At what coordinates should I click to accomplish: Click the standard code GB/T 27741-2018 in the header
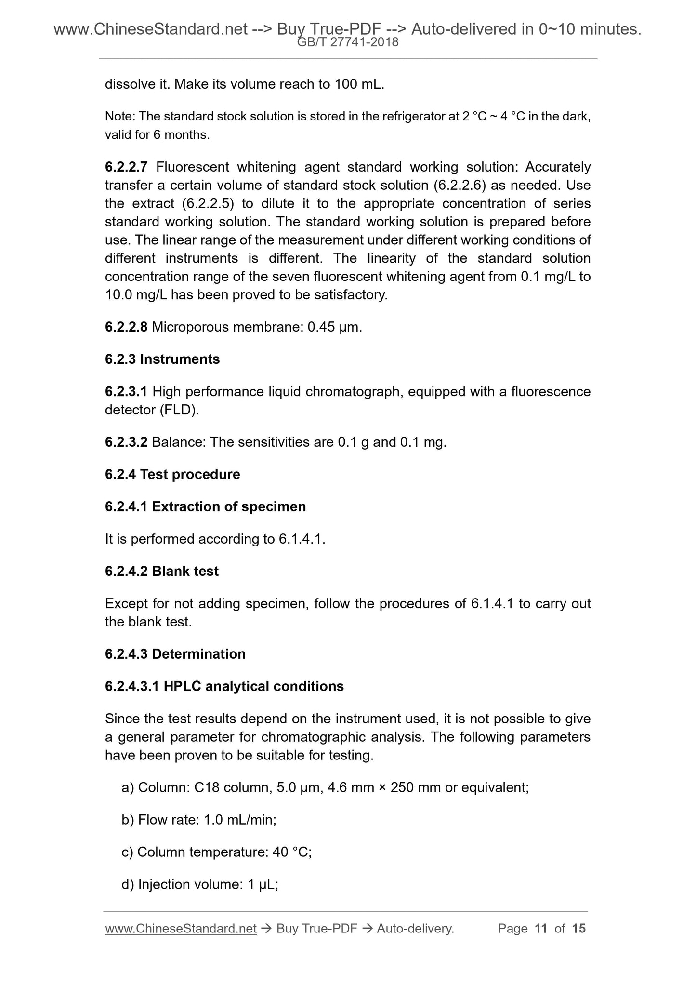click(x=348, y=42)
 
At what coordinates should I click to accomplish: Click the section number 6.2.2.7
click(x=126, y=167)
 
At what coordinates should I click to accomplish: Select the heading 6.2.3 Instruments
click(x=162, y=359)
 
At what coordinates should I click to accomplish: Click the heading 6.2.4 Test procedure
click(x=172, y=475)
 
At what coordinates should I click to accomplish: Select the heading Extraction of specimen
click(x=229, y=507)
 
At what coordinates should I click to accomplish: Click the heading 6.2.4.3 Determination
click(x=175, y=654)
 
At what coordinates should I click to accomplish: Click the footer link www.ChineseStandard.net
click(x=181, y=929)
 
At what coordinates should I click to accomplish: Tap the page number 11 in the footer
click(x=541, y=929)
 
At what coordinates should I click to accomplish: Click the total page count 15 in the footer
click(x=578, y=929)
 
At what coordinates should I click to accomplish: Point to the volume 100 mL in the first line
click(x=358, y=85)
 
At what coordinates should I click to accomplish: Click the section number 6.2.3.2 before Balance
click(x=126, y=442)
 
